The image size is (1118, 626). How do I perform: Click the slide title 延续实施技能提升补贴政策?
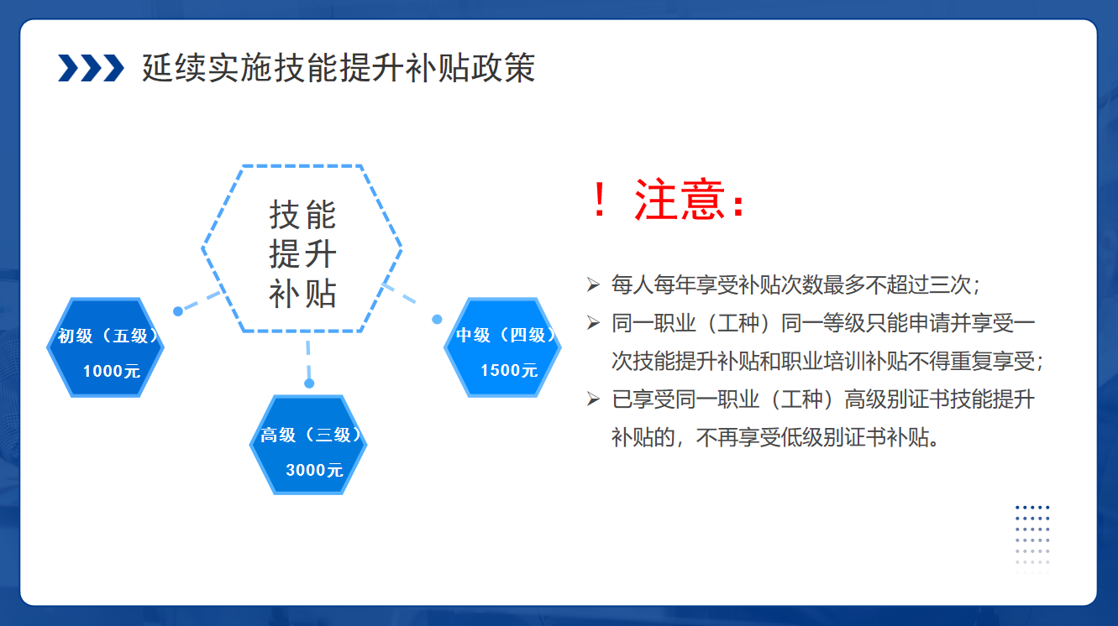[339, 68]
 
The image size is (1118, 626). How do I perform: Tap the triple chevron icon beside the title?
[91, 68]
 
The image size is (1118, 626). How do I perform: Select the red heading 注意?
[679, 199]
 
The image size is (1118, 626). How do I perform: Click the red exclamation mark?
[600, 199]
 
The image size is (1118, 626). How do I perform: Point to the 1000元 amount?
[112, 371]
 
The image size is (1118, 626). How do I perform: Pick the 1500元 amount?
[509, 370]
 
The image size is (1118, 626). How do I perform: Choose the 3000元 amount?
[314, 470]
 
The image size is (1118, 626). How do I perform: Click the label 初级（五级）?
[108, 336]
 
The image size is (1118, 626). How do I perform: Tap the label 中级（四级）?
[506, 335]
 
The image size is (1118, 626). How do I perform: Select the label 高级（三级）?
[311, 435]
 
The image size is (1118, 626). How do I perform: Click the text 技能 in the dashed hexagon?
[302, 215]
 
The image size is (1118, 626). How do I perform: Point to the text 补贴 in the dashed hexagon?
[302, 294]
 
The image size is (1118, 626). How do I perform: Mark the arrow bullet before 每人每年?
[593, 284]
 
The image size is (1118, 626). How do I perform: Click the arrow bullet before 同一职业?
[593, 323]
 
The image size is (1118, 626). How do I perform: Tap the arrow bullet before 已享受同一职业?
[593, 399]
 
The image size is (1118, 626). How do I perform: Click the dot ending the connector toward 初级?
[178, 311]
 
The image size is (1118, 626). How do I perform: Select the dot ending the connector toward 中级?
[438, 319]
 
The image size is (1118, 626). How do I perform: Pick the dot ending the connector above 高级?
[309, 383]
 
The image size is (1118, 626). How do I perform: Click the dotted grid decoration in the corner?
[1032, 540]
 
